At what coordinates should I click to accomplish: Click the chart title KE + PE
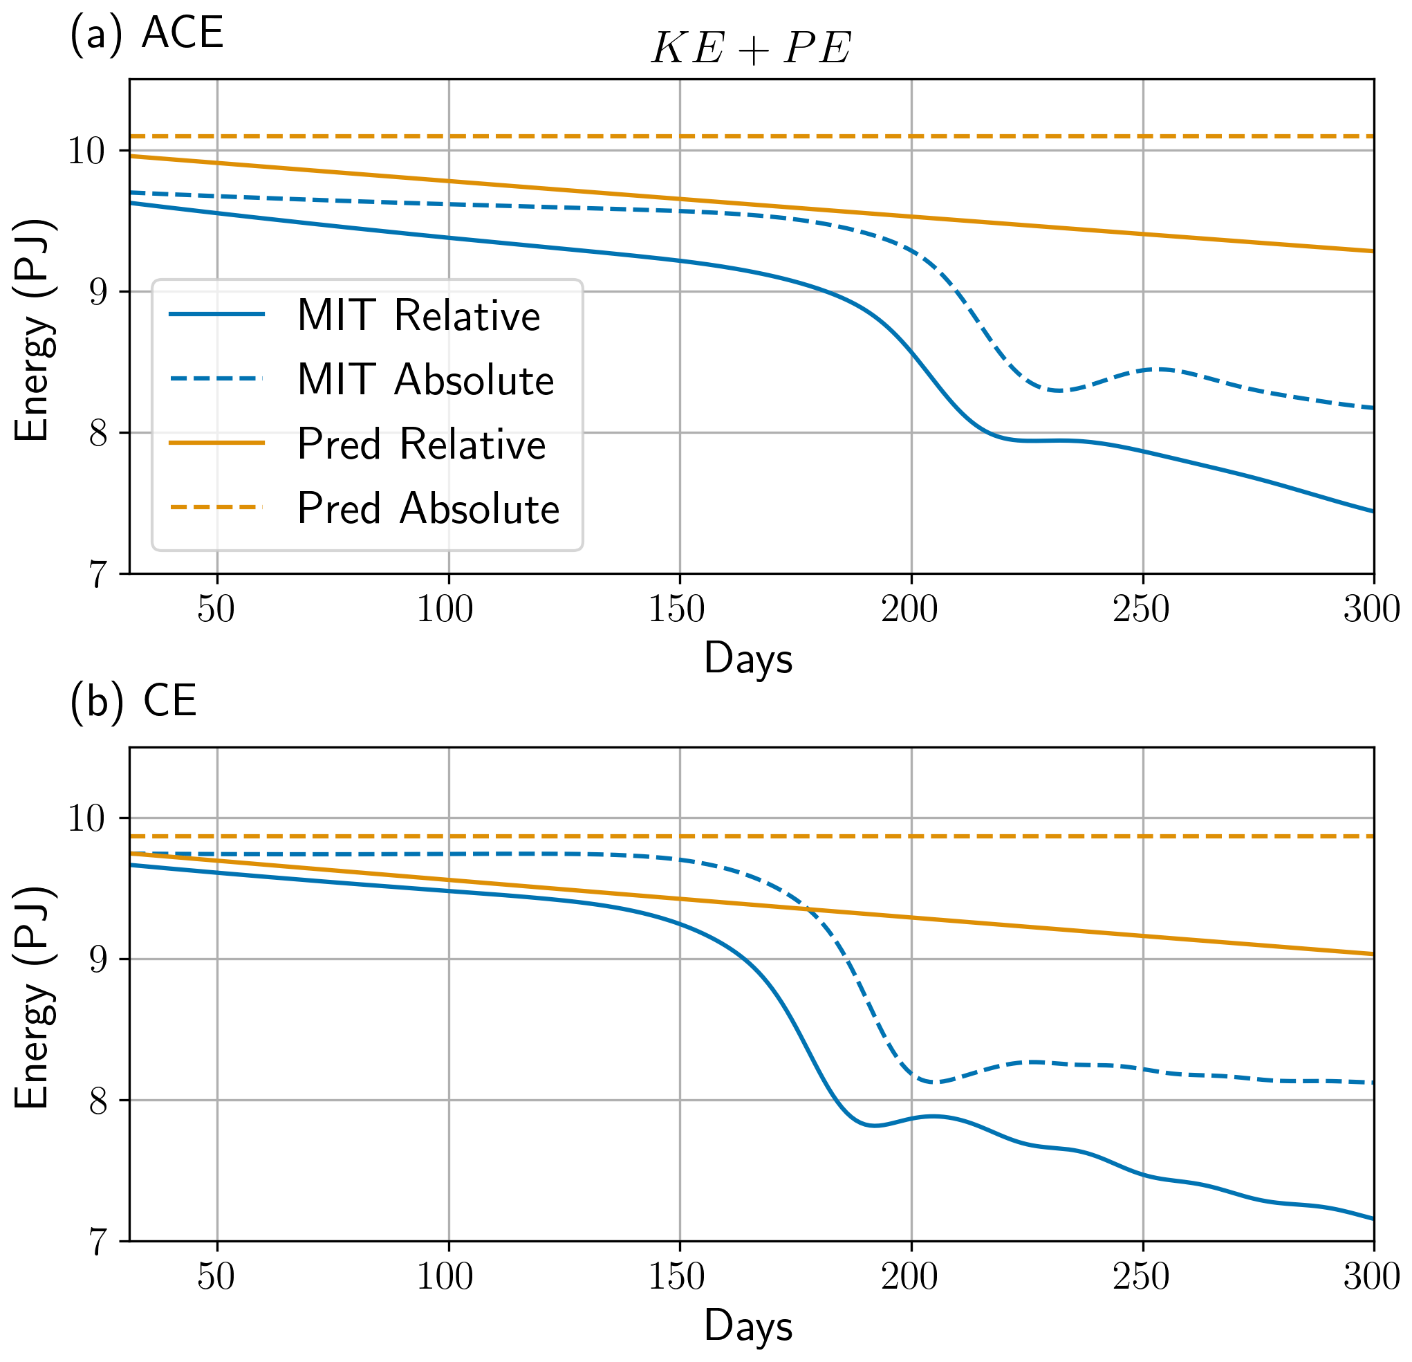(x=751, y=49)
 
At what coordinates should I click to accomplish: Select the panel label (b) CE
(x=133, y=701)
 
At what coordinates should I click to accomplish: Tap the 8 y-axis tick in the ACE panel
(x=98, y=434)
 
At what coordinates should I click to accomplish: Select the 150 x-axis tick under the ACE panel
(x=676, y=609)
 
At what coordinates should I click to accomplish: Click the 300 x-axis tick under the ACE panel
(x=1372, y=609)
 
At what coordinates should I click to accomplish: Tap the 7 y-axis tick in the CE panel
(x=98, y=1242)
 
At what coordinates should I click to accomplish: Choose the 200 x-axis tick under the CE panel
(x=909, y=1277)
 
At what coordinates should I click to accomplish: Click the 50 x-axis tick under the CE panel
(x=216, y=1277)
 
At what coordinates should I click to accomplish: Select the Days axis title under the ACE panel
(x=747, y=659)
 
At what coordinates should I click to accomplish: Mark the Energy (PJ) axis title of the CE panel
(x=33, y=997)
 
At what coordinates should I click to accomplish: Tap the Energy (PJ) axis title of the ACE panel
(x=33, y=329)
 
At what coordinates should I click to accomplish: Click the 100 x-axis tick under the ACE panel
(x=445, y=609)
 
